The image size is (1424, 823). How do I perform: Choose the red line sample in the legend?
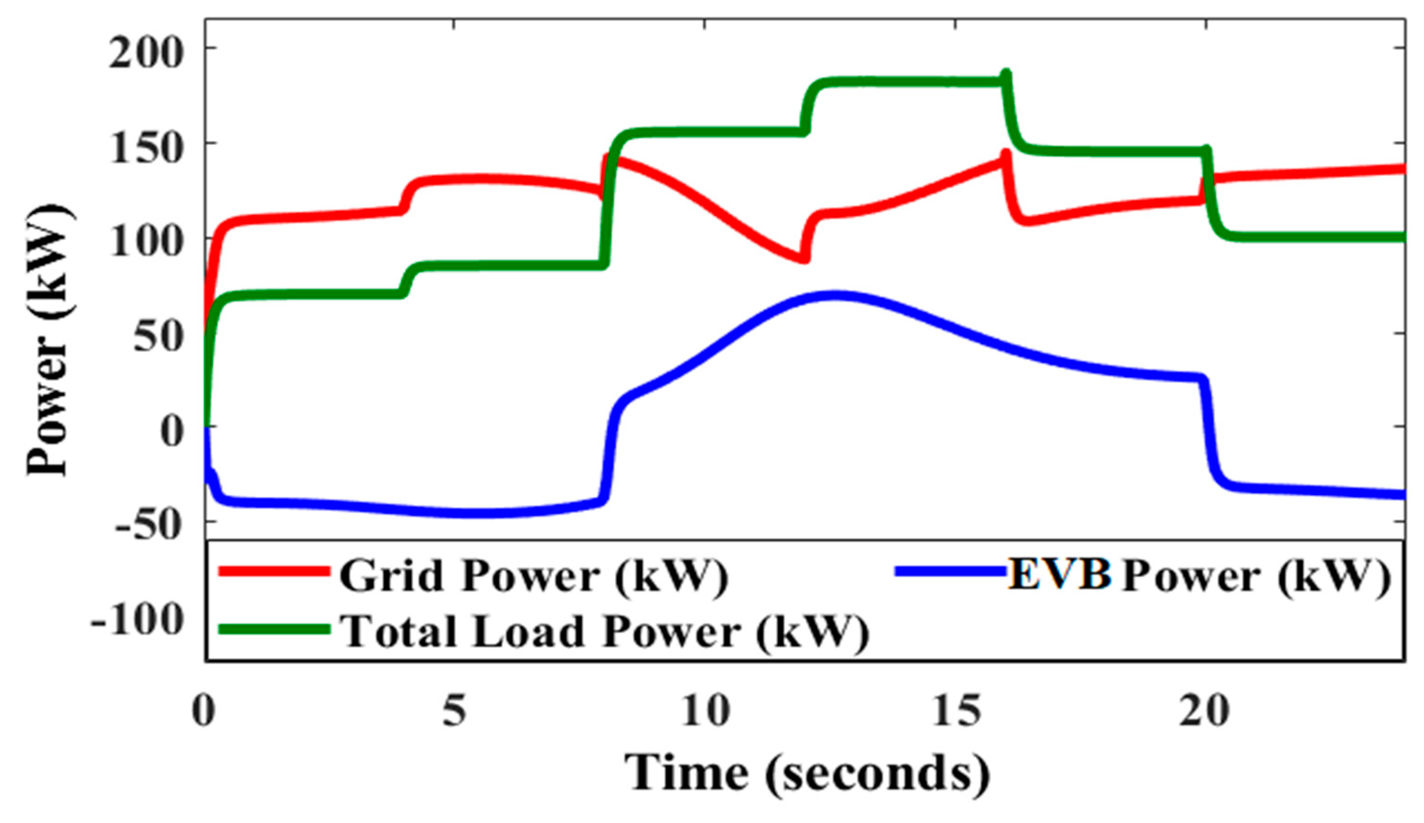[x=273, y=572]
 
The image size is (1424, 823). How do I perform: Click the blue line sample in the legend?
[x=951, y=572]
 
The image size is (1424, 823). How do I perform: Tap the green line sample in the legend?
[x=273, y=630]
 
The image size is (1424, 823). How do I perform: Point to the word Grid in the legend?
[x=391, y=576]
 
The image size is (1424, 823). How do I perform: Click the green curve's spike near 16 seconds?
[x=1006, y=74]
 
